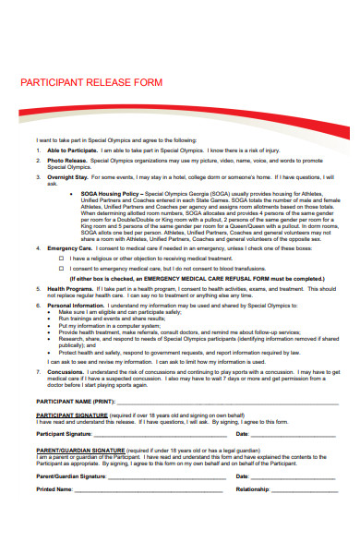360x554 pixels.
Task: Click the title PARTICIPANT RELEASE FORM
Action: (x=90, y=82)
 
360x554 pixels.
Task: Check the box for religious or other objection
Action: (x=62, y=259)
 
